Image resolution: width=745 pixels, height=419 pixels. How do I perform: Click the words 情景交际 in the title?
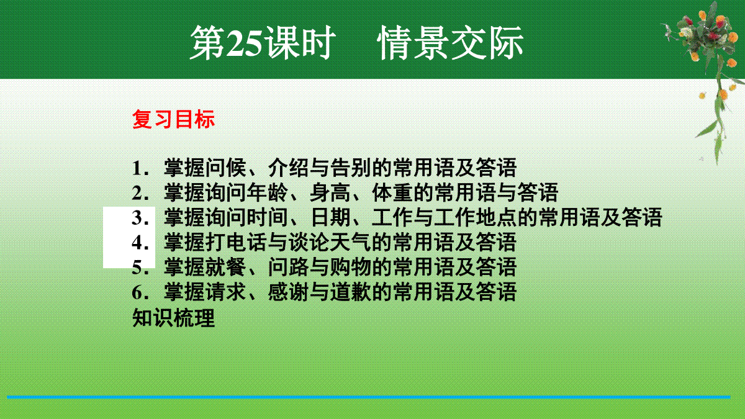pos(451,43)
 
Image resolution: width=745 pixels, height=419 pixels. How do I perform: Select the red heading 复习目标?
pos(173,119)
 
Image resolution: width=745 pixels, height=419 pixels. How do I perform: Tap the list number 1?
pos(140,168)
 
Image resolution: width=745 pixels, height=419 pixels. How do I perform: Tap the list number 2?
pos(140,193)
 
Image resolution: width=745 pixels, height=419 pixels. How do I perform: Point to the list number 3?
pos(140,218)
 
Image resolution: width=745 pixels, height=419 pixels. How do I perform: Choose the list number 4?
pos(140,243)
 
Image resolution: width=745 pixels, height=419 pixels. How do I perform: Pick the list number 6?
pos(140,292)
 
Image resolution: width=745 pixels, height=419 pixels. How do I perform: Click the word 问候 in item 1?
pos(226,168)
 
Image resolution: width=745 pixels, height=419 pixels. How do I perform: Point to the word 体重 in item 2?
pos(392,192)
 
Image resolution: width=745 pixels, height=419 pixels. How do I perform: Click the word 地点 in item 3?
pos(496,217)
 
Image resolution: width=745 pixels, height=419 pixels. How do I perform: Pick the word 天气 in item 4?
pos(351,242)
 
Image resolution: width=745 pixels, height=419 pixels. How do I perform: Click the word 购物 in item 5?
pos(351,267)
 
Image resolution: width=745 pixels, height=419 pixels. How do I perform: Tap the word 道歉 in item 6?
pos(351,292)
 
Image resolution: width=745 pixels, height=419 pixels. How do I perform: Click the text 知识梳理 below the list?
pos(173,318)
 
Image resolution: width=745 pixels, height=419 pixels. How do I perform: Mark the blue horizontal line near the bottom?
pos(369,397)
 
